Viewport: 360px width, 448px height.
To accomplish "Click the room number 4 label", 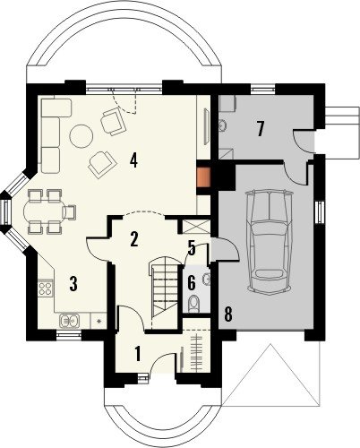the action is point(133,160).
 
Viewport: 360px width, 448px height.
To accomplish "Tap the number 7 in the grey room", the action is point(260,129).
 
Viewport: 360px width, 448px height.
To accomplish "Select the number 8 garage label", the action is point(228,314).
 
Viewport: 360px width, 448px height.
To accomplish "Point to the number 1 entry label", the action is point(137,354).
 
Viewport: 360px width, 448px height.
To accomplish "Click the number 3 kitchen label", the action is point(73,283).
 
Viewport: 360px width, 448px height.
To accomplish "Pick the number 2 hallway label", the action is point(134,238).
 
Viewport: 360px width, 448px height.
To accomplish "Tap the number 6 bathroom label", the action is point(192,282).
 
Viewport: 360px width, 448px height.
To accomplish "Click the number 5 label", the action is point(192,248).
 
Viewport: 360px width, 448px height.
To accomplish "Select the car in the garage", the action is point(269,241).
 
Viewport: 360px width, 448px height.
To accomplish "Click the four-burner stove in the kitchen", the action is point(45,289).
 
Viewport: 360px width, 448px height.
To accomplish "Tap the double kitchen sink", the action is point(70,321).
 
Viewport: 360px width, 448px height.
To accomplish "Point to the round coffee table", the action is point(81,136).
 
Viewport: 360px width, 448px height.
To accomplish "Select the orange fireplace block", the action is point(204,177).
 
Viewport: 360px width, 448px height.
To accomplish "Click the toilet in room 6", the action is point(193,303).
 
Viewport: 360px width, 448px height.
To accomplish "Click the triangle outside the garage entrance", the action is point(270,375).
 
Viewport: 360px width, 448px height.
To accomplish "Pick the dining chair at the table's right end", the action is point(69,212).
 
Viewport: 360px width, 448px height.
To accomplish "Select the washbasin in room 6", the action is point(206,279).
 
